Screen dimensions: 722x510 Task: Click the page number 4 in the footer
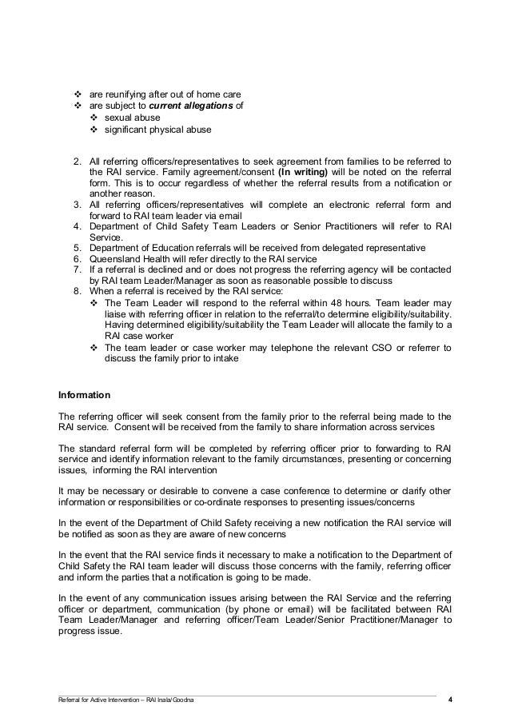tap(450, 700)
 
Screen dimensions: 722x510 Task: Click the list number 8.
tap(78, 293)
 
